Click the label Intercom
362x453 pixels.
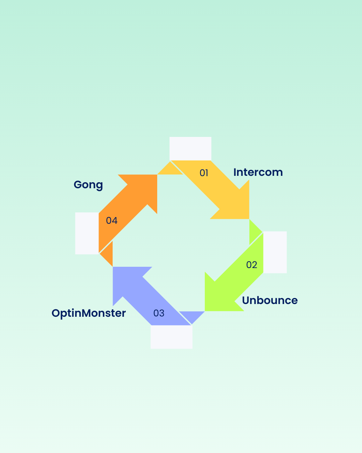(x=258, y=172)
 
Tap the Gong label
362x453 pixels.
(x=88, y=185)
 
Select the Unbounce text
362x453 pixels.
(x=270, y=300)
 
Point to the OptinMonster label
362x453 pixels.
(x=89, y=313)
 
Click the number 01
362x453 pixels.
(x=204, y=173)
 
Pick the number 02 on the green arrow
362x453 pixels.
(x=251, y=265)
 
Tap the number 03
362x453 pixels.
(x=159, y=313)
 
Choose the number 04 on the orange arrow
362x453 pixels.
(x=112, y=220)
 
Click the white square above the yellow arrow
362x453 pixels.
(x=190, y=148)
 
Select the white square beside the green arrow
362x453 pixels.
(x=275, y=252)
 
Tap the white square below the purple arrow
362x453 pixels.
(x=171, y=337)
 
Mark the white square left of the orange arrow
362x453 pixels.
(x=87, y=233)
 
